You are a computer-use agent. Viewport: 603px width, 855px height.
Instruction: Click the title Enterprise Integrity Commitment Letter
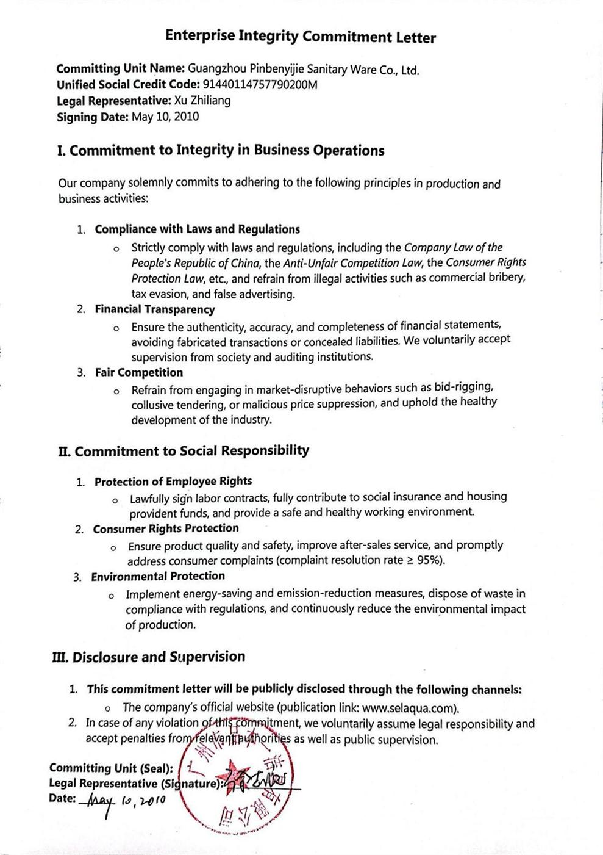(x=301, y=37)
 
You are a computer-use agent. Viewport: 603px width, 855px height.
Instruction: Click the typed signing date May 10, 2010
(x=165, y=117)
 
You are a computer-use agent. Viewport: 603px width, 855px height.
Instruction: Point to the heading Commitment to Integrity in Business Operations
(x=227, y=151)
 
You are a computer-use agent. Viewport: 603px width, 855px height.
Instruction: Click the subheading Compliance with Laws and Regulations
(x=197, y=229)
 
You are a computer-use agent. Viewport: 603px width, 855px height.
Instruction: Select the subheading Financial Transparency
(x=154, y=309)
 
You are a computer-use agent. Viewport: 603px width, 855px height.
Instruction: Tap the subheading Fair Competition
(x=138, y=372)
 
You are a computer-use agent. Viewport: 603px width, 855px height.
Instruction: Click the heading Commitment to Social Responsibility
(x=191, y=451)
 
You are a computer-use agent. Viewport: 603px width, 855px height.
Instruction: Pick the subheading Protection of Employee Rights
(x=173, y=482)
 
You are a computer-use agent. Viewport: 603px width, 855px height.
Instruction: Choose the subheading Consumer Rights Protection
(x=165, y=529)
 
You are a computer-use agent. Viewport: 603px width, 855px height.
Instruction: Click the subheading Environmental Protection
(x=158, y=576)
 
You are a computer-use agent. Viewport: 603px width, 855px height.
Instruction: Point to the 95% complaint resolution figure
(x=429, y=560)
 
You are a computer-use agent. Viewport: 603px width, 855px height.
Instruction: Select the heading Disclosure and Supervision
(x=159, y=657)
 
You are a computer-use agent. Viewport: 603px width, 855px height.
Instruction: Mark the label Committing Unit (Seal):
(x=111, y=768)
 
